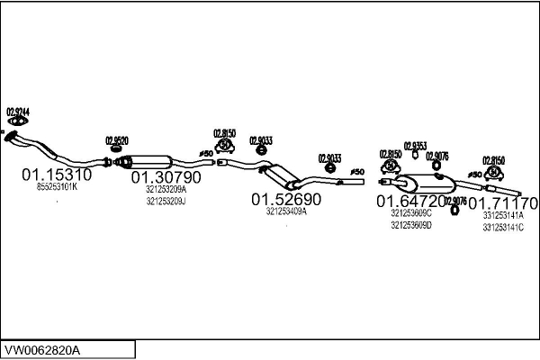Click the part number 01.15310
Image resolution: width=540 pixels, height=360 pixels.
coord(57,175)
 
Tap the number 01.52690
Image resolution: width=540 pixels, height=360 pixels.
coord(286,199)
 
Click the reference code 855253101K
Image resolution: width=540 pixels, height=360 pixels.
coord(58,187)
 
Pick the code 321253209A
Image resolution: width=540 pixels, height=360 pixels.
coord(166,190)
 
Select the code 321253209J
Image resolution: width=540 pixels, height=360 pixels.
coord(166,202)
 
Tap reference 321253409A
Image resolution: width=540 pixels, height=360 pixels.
coord(286,211)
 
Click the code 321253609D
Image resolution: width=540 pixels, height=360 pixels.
coord(411,225)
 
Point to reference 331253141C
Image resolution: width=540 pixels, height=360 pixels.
coord(503,227)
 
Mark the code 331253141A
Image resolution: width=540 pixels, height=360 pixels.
coord(503,215)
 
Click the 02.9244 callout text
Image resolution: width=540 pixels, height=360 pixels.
coord(18,112)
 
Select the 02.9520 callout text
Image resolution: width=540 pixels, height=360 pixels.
coord(117,140)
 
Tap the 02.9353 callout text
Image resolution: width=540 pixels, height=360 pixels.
coord(416,145)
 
